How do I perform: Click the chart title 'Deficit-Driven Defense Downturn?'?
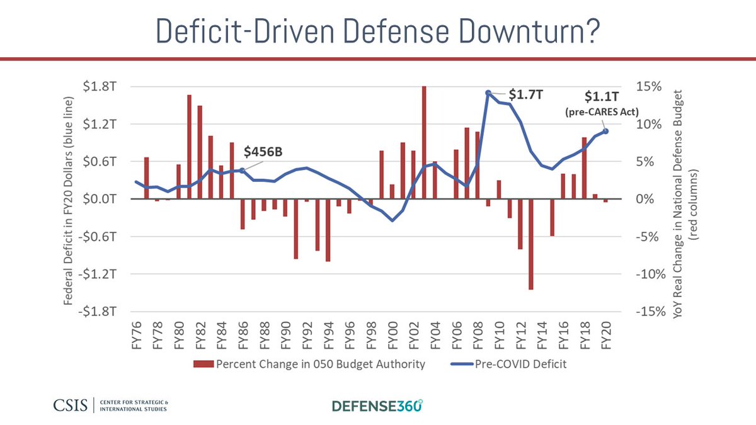click(x=377, y=30)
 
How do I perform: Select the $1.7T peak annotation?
click(x=526, y=95)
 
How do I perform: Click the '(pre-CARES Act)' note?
click(x=602, y=111)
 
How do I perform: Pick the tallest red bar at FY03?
click(x=424, y=142)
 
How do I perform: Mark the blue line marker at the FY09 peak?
click(x=488, y=93)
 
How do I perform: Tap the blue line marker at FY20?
click(x=606, y=131)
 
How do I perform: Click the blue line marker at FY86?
click(x=243, y=171)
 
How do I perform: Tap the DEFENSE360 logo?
click(x=377, y=405)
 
